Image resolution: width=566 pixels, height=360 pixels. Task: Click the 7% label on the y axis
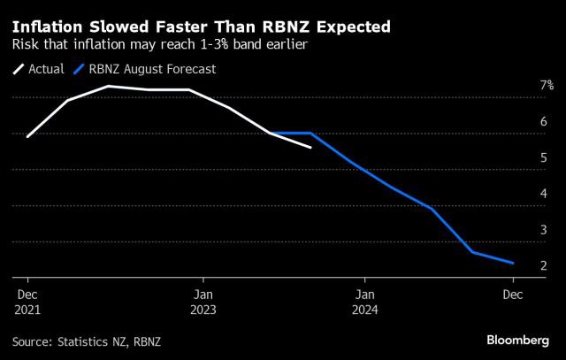[x=547, y=86]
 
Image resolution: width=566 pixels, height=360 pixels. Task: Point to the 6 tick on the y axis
[x=544, y=122]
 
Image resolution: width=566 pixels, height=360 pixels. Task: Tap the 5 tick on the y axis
[x=544, y=158]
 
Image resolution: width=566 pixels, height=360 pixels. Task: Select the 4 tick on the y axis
[x=544, y=194]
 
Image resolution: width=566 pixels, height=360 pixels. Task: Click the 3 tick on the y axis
[x=544, y=230]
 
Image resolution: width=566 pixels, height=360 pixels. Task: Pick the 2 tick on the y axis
[x=544, y=265]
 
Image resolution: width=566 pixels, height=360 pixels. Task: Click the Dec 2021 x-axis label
[x=27, y=302]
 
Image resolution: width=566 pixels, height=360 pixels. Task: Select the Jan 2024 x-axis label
[x=366, y=302]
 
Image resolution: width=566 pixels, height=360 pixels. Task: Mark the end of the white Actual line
[x=310, y=148]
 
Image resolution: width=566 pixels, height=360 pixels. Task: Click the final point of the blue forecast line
[x=513, y=263]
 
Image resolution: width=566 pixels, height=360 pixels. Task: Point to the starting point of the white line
[x=27, y=137]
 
